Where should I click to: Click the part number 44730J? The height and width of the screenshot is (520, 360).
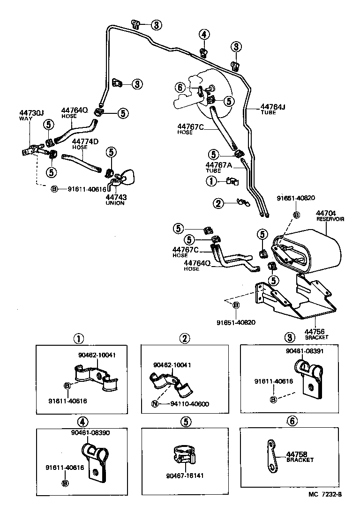click(x=31, y=113)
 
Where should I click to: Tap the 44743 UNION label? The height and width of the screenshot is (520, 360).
click(x=116, y=198)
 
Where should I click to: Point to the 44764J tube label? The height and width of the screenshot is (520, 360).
click(x=273, y=107)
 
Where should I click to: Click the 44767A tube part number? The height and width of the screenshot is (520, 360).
click(x=219, y=165)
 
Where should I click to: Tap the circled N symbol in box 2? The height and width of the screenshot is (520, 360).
click(x=154, y=404)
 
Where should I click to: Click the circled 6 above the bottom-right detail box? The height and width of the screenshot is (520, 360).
click(x=292, y=421)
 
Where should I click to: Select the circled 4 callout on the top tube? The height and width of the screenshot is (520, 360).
click(x=203, y=34)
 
